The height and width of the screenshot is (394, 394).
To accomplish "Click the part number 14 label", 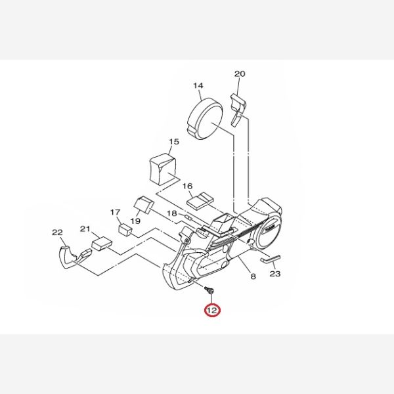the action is point(198,85).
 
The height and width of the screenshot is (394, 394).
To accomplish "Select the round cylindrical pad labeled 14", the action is point(205,119).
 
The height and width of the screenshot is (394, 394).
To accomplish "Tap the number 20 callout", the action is point(240,74).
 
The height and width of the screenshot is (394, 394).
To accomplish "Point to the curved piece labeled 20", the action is point(238,109).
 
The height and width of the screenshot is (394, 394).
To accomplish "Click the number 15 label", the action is point(174,142).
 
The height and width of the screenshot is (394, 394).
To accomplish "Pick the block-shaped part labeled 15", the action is point(163,169).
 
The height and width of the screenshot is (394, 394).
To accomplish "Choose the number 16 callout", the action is point(187,186).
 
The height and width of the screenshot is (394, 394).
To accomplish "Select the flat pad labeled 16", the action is point(200,201).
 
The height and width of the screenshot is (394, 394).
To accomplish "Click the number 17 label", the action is point(116,212).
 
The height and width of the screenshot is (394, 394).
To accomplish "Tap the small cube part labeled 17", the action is point(125,229).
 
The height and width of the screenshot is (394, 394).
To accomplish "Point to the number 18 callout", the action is point(172,213).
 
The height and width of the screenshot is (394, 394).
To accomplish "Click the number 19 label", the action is point(135,221).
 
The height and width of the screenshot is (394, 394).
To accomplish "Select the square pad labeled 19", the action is point(144,205).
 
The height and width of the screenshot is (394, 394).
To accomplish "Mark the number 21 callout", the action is point(85,229).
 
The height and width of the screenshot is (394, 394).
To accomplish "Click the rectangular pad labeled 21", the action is point(102,243).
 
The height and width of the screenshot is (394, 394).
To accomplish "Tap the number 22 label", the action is point(57,232).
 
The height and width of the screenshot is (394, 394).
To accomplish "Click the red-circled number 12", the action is point(212,311).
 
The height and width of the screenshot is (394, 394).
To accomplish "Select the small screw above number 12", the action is point(209,290).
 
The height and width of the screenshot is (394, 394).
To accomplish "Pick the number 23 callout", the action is point(275,274).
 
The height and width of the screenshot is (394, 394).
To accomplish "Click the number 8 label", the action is point(253,276).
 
